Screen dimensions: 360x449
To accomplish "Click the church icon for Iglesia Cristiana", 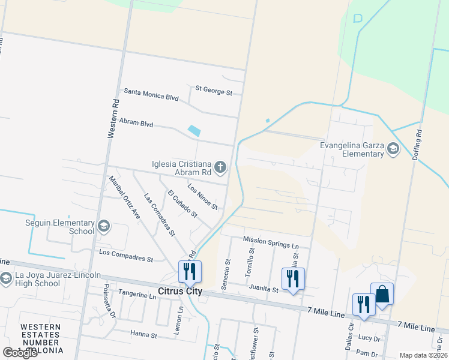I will tap(220, 167).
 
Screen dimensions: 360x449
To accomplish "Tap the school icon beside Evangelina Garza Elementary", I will tap(393, 149).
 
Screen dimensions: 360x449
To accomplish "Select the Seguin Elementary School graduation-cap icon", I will tap(103, 226).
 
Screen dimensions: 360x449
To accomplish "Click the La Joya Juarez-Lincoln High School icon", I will tap(7, 278).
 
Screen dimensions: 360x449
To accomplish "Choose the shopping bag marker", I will tap(382, 295).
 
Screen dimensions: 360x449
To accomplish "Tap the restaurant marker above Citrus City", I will tap(190, 272).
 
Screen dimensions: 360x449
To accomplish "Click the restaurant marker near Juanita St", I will tap(293, 280).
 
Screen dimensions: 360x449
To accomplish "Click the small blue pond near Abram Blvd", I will tap(194, 130).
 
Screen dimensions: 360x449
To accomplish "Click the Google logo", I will tap(20, 353).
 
